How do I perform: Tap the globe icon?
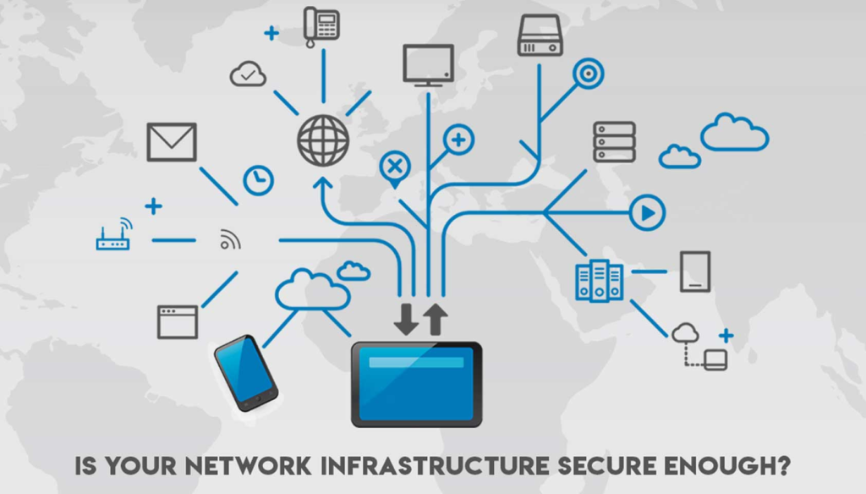323,140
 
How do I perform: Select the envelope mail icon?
172,142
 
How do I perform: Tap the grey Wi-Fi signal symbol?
230,240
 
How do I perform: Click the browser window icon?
178,321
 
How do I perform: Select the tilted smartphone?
245,372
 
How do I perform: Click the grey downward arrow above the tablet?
407,320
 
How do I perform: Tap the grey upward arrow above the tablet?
436,320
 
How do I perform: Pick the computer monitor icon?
429,64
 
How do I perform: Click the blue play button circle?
647,212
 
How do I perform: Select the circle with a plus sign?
458,140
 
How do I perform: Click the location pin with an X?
393,167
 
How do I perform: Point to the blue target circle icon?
586,74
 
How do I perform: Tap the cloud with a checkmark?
248,74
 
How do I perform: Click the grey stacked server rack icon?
614,141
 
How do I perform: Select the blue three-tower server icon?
599,281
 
